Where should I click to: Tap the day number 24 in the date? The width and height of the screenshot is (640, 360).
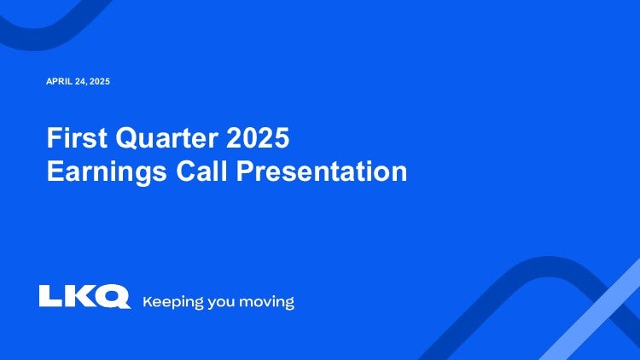pos(80,82)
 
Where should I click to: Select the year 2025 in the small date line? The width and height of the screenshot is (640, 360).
pos(100,81)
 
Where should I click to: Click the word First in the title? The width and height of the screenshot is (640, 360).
pos(77,137)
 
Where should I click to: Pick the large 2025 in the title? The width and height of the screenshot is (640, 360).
pos(258,137)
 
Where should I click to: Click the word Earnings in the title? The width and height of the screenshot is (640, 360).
pos(107,171)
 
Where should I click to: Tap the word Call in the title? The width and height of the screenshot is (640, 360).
pos(201,171)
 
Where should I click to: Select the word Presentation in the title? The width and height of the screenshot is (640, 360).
pos(322,171)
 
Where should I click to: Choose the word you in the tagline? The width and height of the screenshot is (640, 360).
pos(221,303)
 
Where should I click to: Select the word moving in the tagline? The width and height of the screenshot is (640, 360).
pos(266,303)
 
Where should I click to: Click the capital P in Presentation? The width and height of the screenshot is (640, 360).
pos(246,171)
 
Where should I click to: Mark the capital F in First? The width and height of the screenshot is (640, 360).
pos(54,138)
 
